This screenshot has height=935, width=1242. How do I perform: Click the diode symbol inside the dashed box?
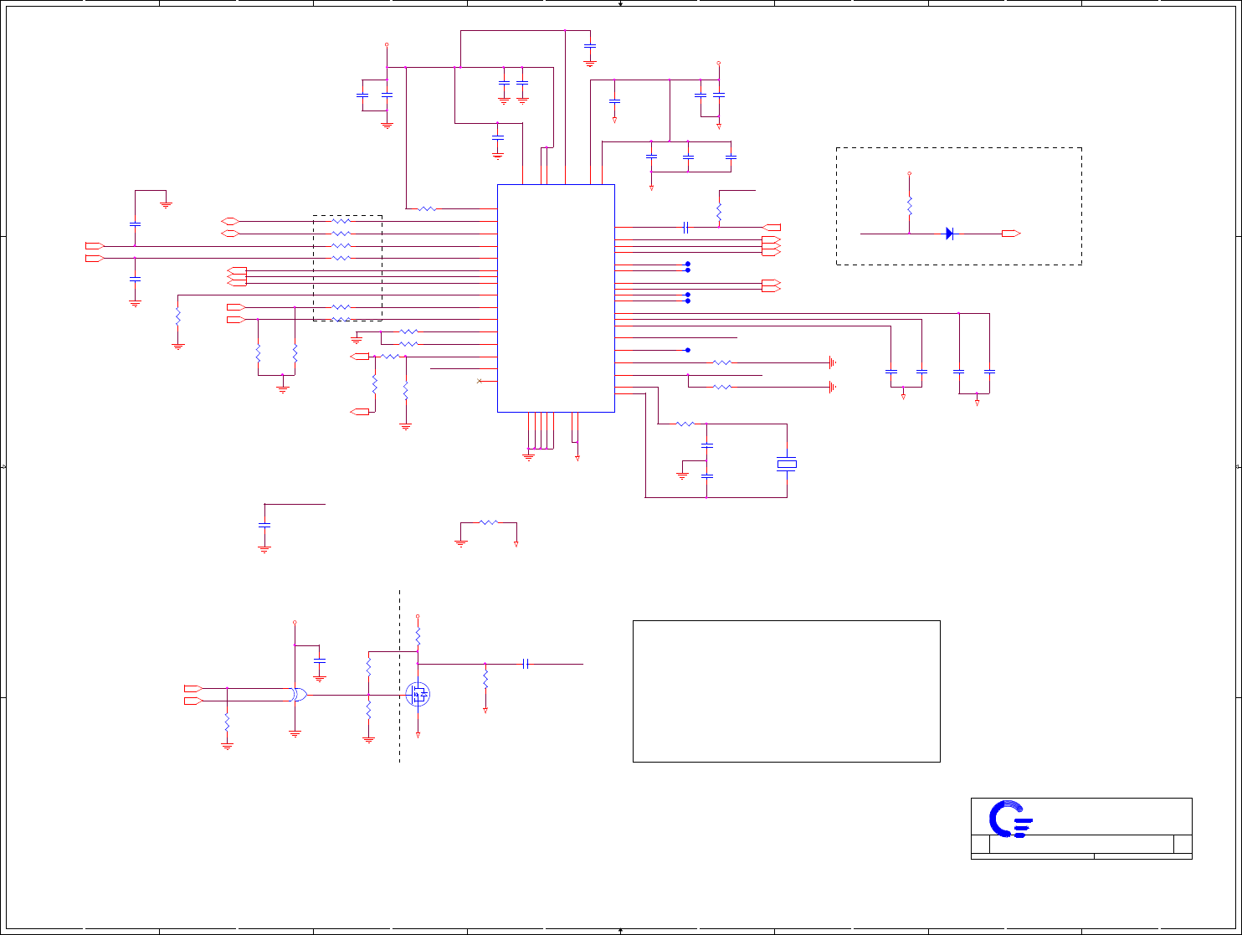tap(950, 234)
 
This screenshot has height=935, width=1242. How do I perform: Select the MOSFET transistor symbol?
tap(418, 694)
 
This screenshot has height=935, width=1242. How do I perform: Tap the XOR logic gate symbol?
tap(299, 695)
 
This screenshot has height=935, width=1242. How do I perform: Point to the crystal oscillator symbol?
tap(787, 464)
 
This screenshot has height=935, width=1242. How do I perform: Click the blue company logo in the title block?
tap(1010, 819)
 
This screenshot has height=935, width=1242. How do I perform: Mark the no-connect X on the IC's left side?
tap(479, 382)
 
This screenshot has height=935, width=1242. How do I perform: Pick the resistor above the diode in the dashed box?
tap(910, 205)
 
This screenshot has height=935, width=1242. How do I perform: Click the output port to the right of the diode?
tap(1011, 234)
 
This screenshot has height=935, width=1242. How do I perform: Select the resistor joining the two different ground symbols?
tap(489, 522)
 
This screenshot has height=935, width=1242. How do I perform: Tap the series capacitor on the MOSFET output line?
tap(526, 664)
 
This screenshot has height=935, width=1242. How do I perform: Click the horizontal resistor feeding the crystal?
tap(685, 424)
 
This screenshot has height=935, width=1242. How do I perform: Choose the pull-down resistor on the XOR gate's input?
tap(227, 721)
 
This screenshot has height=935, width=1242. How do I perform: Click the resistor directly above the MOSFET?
tap(418, 637)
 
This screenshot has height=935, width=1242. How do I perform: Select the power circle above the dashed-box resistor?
tap(910, 174)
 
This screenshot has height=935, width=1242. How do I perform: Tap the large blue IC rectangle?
tap(556, 298)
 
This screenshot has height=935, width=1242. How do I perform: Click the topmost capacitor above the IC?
tap(590, 46)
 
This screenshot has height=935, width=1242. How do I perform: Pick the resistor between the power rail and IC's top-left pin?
tap(427, 208)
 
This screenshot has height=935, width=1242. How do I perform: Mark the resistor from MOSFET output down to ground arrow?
tap(485, 678)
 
